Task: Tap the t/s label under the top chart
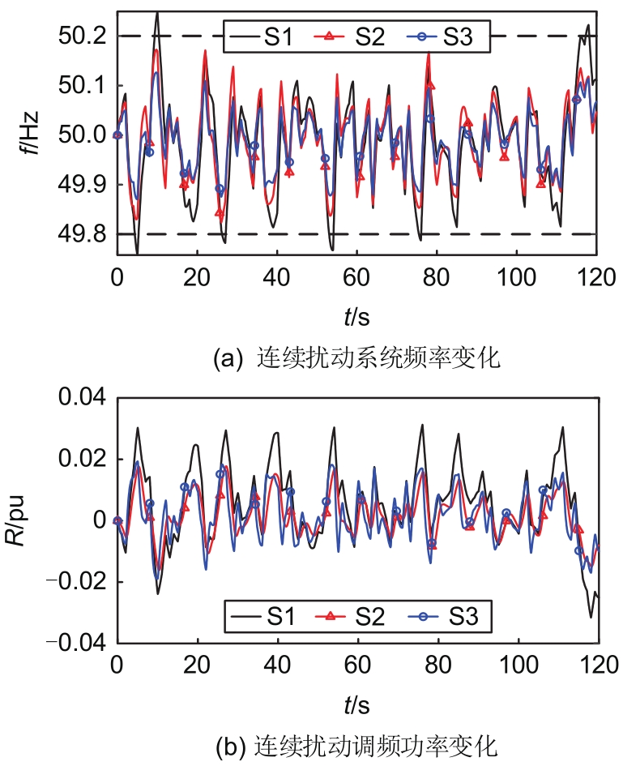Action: [358, 311]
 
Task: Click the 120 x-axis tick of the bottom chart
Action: [599, 668]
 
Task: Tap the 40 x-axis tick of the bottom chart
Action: [277, 668]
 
